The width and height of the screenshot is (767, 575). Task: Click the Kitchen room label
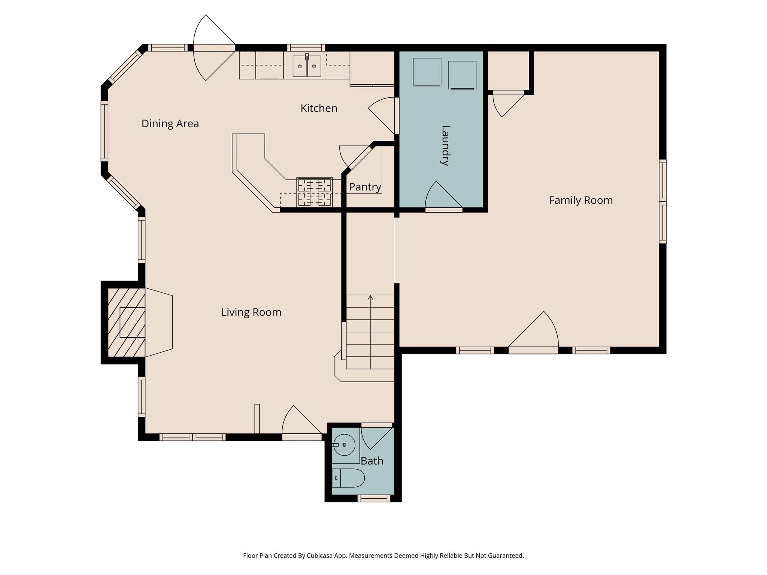click(319, 109)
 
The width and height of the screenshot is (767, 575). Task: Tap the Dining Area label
click(170, 124)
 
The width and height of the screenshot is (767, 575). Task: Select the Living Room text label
click(251, 312)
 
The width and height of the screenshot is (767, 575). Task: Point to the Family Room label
click(580, 200)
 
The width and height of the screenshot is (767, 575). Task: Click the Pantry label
click(365, 187)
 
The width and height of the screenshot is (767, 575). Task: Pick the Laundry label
click(445, 146)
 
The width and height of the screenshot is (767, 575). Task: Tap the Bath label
click(372, 461)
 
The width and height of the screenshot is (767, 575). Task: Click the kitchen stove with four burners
click(314, 192)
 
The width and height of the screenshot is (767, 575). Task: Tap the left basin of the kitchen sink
click(300, 66)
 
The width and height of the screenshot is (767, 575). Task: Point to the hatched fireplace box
click(126, 322)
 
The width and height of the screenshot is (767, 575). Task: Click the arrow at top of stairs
click(370, 298)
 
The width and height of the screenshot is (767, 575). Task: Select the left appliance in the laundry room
click(427, 72)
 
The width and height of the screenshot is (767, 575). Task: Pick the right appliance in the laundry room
click(462, 75)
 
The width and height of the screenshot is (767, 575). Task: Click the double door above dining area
click(214, 48)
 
